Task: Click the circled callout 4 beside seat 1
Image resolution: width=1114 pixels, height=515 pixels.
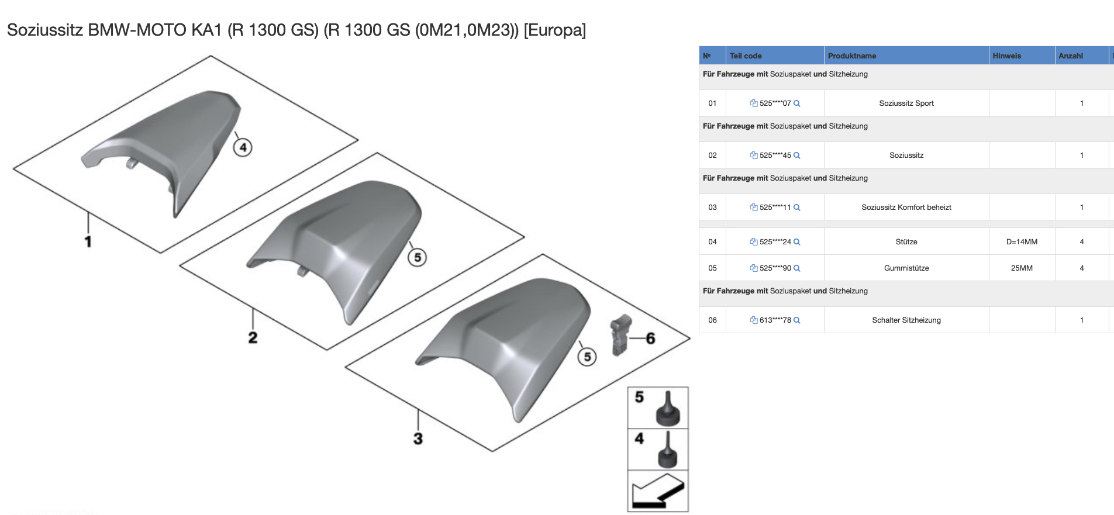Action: click(243, 147)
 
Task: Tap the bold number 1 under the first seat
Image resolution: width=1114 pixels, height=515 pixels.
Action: click(88, 241)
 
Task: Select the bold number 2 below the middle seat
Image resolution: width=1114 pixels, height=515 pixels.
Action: click(253, 337)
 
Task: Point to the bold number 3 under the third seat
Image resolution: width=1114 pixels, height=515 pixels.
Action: click(418, 438)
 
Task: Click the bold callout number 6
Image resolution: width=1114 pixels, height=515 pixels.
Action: click(650, 338)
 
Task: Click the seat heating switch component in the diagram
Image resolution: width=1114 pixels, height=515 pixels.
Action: click(620, 334)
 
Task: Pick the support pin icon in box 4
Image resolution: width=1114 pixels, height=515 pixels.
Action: click(668, 451)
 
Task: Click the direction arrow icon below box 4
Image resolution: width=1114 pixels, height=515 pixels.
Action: click(658, 491)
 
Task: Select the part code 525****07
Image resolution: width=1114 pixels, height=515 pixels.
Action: click(775, 103)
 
